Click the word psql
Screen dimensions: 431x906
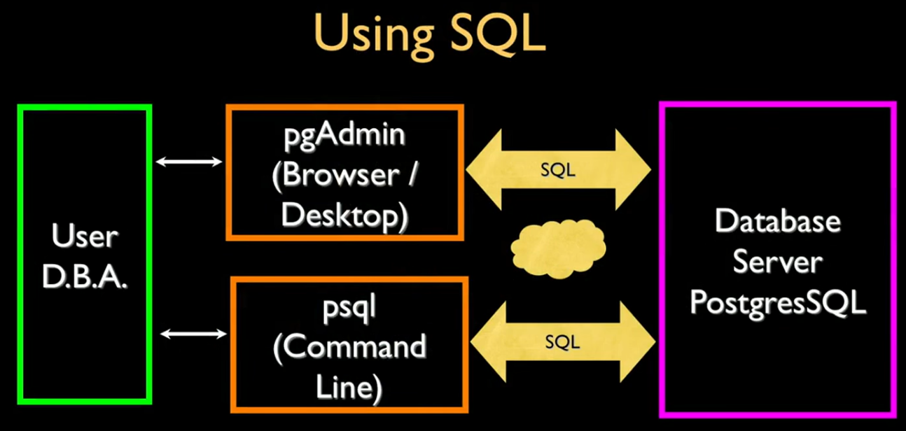point(350,308)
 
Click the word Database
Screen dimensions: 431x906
point(777,222)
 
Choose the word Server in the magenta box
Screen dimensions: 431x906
point(777,263)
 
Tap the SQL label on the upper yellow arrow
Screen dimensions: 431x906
point(557,170)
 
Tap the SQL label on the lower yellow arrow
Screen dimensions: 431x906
point(562,341)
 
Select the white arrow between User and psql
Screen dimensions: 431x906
point(193,334)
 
